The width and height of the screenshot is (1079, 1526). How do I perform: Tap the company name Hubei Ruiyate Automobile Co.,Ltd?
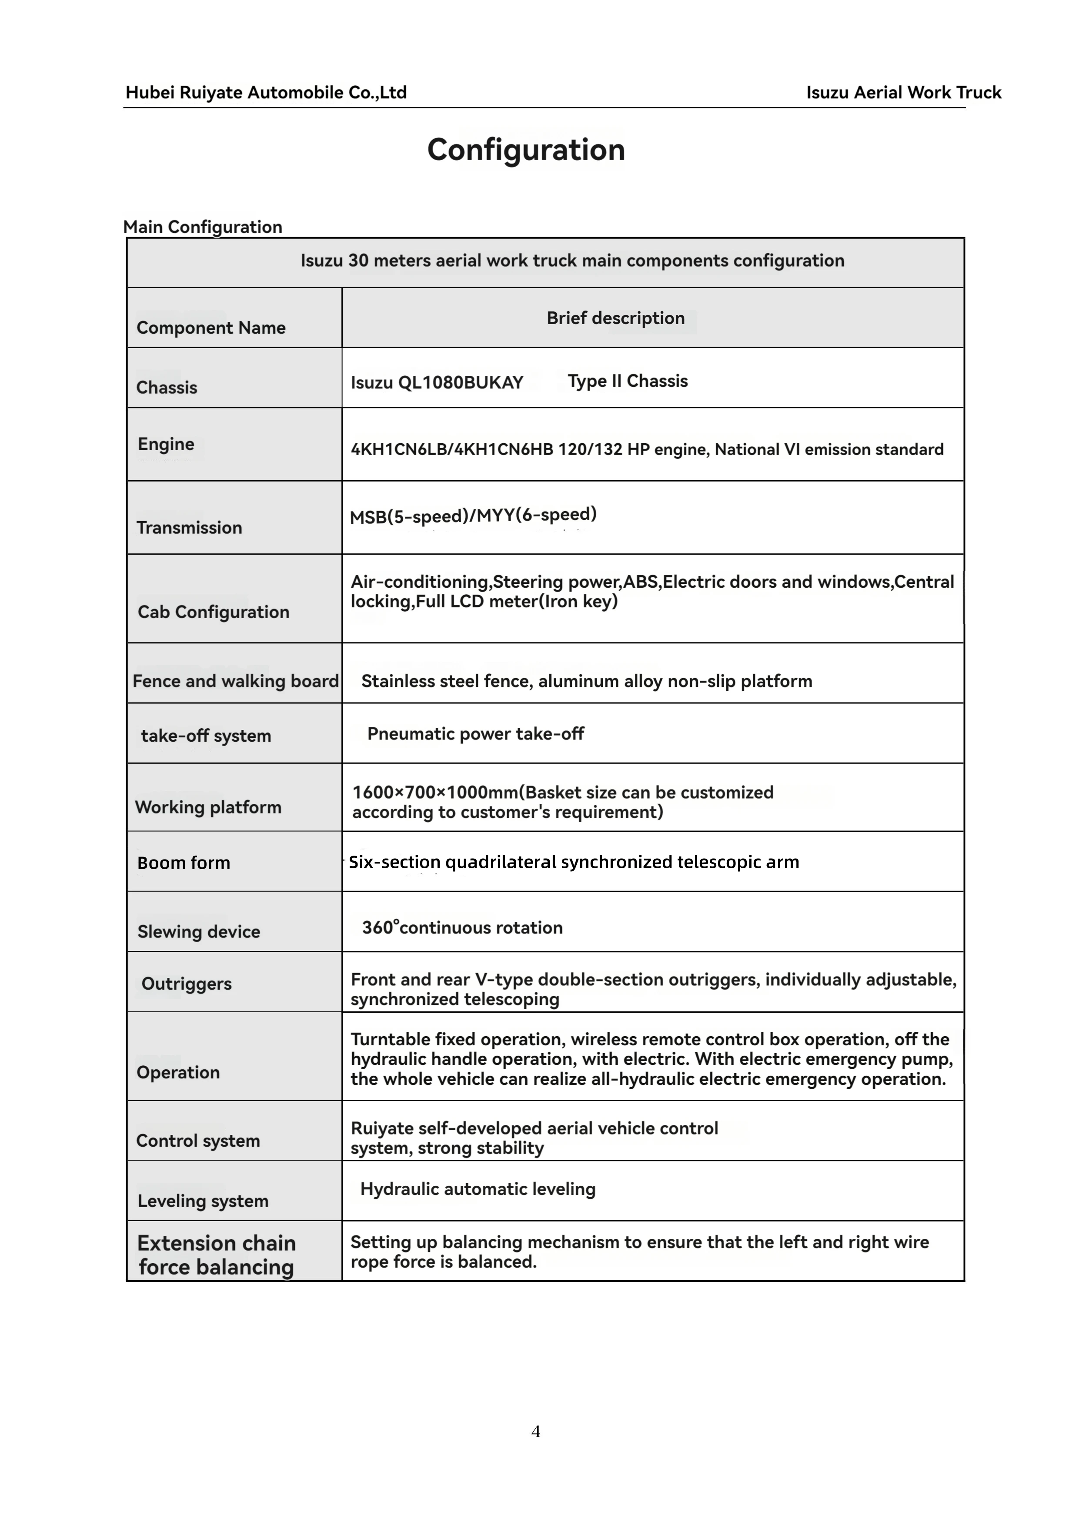click(266, 92)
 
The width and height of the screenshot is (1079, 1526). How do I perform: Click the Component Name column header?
click(210, 328)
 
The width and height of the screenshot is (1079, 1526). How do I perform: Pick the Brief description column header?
click(615, 318)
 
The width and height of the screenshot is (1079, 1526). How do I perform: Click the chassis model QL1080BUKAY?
click(461, 383)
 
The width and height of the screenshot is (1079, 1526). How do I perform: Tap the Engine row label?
click(166, 444)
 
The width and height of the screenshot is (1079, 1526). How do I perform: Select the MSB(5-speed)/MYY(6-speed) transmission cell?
click(473, 515)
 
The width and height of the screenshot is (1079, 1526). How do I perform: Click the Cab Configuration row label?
click(213, 612)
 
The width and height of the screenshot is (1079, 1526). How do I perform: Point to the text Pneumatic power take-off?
click(476, 734)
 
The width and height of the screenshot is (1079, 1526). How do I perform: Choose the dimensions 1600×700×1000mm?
click(434, 792)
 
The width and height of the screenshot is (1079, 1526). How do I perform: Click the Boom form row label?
click(184, 863)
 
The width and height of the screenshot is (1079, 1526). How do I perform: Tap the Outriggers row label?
click(187, 984)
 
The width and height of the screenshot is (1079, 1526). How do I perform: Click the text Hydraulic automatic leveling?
click(478, 1189)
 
